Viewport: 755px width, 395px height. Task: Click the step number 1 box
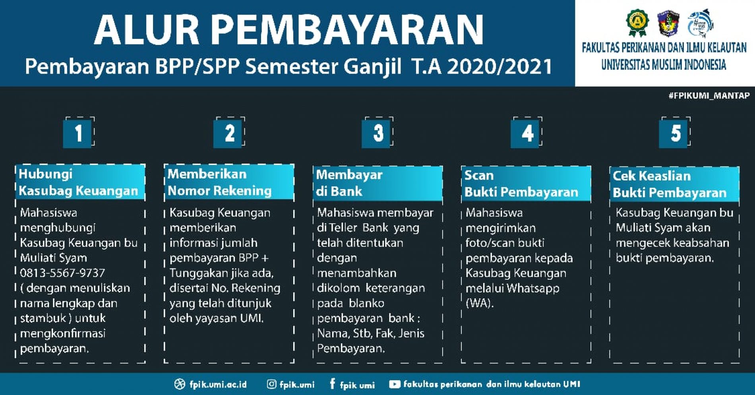pos(78,133)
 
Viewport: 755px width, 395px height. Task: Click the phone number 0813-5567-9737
pos(62,273)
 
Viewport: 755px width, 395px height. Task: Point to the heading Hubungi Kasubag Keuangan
pos(79,182)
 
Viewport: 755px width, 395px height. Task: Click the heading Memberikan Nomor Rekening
pos(220,182)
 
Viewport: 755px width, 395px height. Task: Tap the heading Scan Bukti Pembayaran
pos(521,184)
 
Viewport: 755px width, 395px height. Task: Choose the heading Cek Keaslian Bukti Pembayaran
pos(670,184)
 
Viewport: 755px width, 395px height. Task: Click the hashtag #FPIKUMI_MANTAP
pos(709,96)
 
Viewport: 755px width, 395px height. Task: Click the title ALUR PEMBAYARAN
pos(289,30)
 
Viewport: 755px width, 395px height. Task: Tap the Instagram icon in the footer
pos(271,384)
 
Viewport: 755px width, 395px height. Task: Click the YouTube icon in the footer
pos(395,384)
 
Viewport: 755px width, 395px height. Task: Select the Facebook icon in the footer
pos(332,384)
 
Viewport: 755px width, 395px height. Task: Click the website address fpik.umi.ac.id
pos(218,385)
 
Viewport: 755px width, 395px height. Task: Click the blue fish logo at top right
pos(700,23)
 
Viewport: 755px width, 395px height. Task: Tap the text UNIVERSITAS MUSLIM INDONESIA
pos(664,65)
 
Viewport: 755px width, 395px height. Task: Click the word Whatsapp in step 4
pos(533,288)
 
